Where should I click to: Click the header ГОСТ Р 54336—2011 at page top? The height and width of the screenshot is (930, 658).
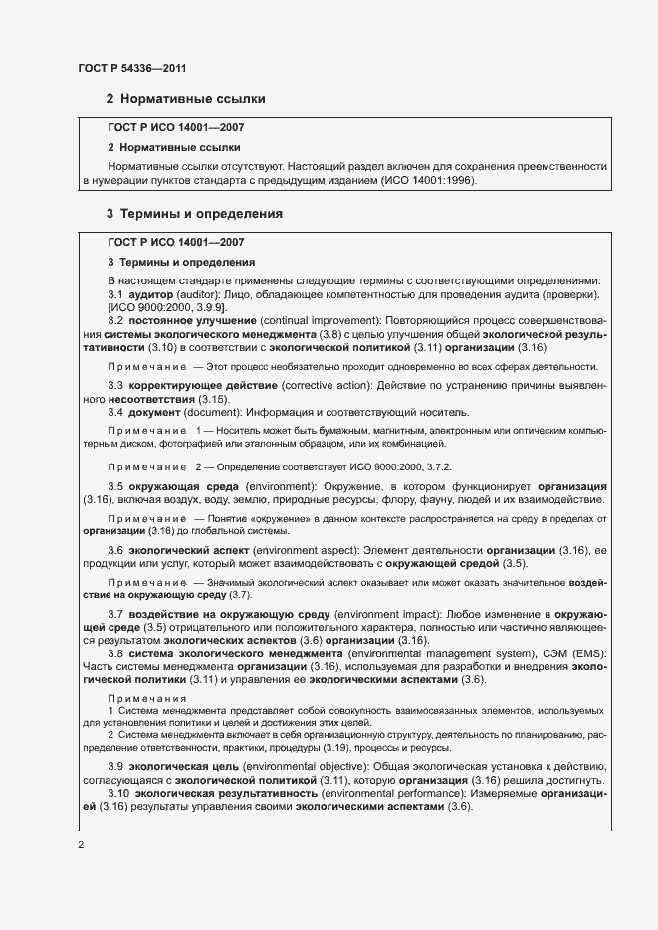(131, 68)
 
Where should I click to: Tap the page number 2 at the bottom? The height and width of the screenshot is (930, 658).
(81, 846)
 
